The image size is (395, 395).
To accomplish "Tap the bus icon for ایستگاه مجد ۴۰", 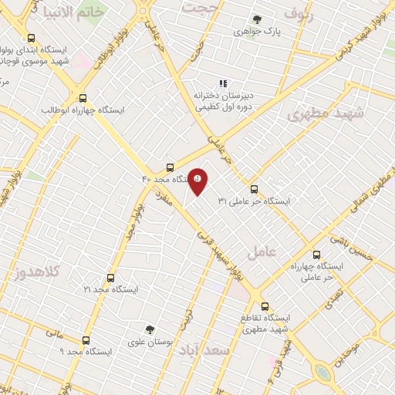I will [x=170, y=167].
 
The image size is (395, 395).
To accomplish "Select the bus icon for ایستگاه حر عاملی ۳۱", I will [x=254, y=189].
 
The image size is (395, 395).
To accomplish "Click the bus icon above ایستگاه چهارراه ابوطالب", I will [x=83, y=98].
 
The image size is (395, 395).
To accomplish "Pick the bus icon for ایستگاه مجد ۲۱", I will [x=110, y=278].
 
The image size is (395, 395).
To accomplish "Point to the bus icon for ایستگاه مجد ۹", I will [x=85, y=339].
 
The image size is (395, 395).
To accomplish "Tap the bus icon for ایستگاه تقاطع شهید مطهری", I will [x=265, y=306].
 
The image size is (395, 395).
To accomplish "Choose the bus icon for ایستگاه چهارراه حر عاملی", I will [x=316, y=255].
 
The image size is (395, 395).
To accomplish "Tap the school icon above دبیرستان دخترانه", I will [x=223, y=83].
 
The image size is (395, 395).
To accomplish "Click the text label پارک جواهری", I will [x=256, y=33].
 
